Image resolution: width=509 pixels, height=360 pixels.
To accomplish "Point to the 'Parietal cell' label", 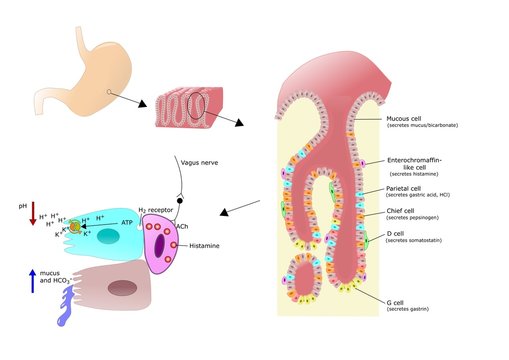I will click(407, 187).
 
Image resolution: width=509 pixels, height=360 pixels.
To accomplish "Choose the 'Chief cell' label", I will click(403, 211).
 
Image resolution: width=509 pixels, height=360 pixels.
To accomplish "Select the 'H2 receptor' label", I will click(155, 208).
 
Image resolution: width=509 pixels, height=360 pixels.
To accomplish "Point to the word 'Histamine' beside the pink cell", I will click(204, 245).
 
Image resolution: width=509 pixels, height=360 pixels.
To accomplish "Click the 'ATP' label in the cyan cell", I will click(127, 223).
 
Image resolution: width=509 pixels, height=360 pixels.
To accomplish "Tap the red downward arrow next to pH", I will click(33, 212).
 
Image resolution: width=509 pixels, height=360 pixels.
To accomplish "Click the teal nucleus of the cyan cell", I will click(109, 238).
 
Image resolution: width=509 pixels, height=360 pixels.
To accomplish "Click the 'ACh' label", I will click(183, 226).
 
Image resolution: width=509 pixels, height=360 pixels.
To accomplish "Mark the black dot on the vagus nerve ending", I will click(180, 201).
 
